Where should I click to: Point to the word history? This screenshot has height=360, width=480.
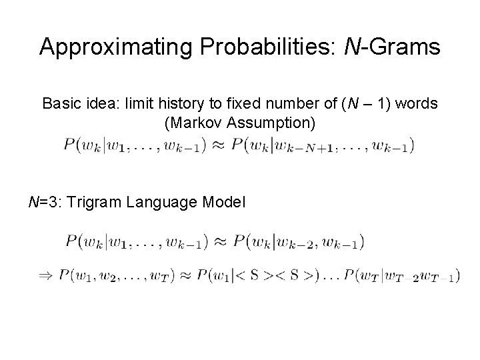182,104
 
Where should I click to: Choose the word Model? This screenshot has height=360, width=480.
225,201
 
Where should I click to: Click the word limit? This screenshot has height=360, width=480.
136,104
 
